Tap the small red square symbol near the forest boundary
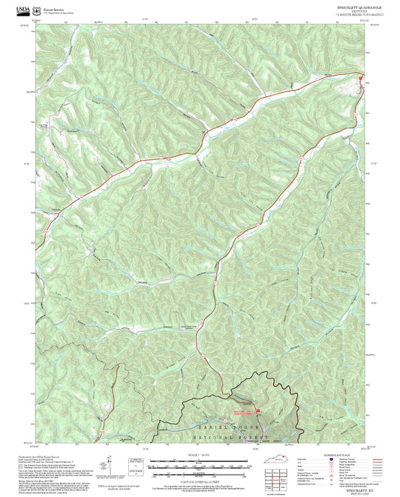click(x=258, y=411)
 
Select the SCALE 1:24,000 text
click(x=198, y=456)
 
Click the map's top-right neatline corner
click(x=364, y=28)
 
